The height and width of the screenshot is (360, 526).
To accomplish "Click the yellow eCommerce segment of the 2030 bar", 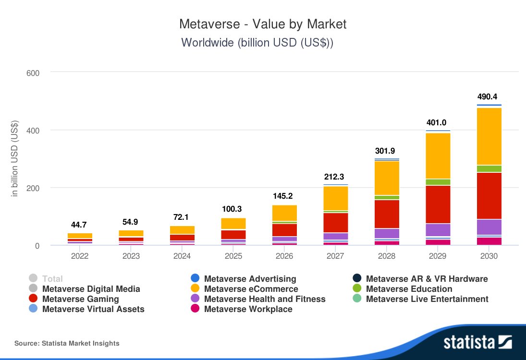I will (x=489, y=136).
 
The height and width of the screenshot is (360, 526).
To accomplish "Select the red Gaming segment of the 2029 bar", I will (x=438, y=204).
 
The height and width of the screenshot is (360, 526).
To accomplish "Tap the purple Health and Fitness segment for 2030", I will (x=489, y=227).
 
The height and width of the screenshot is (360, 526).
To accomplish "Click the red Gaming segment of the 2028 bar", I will (x=387, y=214).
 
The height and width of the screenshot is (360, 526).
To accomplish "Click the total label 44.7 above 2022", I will (x=80, y=225).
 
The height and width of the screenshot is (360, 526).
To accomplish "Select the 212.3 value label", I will (x=335, y=177).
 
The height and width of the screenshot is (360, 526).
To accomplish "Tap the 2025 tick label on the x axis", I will (x=233, y=256).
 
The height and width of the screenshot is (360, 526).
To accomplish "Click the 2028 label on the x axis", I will (x=387, y=256).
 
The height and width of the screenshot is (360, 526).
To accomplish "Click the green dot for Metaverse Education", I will (x=356, y=289).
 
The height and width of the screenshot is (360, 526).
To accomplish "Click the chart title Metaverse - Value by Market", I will (x=263, y=24).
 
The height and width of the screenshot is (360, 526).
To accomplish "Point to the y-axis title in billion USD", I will (x=14, y=158).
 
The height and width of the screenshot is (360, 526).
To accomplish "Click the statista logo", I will (x=477, y=342).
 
